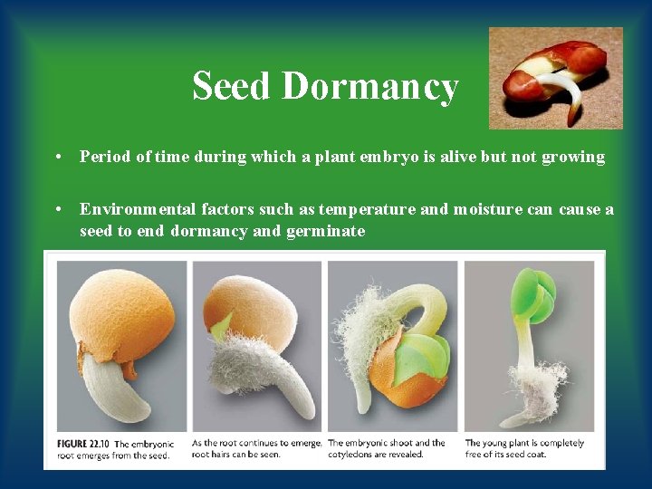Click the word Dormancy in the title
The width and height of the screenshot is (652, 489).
click(x=369, y=87)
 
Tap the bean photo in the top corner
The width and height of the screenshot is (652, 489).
click(x=555, y=78)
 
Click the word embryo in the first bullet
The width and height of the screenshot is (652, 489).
click(x=408, y=157)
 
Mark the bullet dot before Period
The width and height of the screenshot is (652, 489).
click(x=58, y=157)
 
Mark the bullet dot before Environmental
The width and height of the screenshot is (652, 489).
click(x=58, y=209)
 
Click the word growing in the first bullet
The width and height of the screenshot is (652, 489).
click(x=573, y=157)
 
